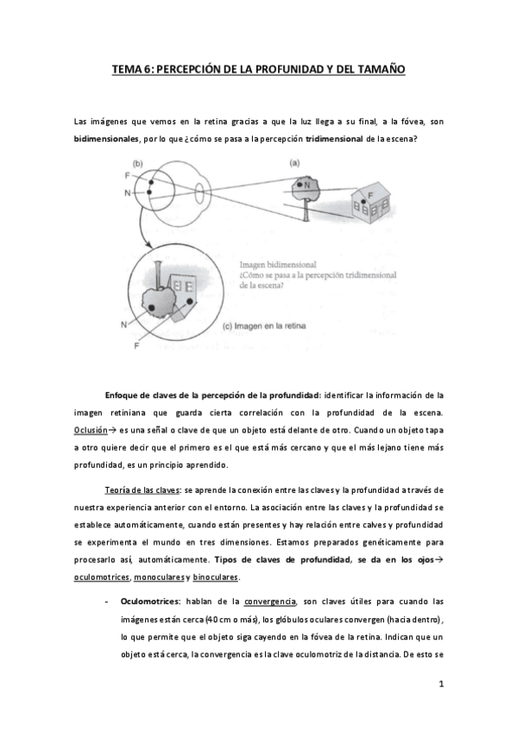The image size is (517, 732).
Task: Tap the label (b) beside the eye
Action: point(137,164)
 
